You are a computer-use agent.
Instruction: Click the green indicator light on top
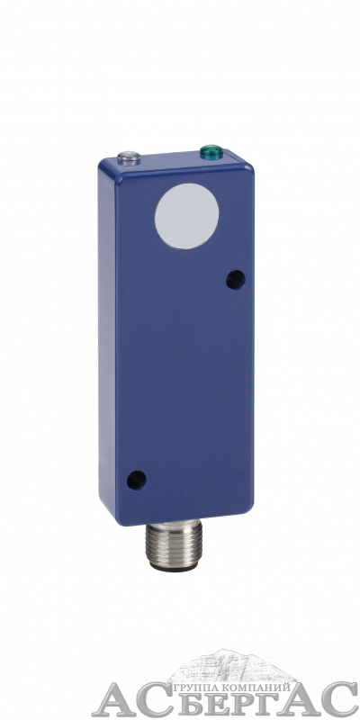tap(211, 152)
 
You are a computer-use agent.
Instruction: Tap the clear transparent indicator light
tap(129, 158)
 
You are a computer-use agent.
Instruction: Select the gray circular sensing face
tap(186, 216)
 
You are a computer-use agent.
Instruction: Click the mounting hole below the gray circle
tap(236, 280)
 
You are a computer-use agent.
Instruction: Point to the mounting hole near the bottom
tap(137, 481)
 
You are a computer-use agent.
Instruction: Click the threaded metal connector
tap(174, 544)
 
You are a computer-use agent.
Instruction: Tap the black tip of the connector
tap(174, 568)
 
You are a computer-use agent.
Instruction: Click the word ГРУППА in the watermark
tap(191, 688)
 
